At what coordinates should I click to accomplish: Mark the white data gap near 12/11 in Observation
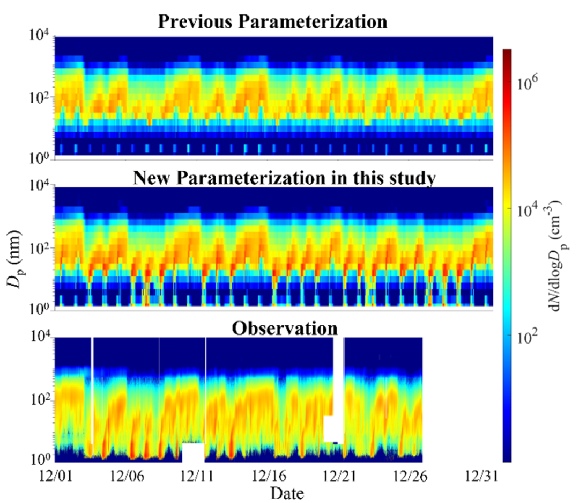coord(194,453)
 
